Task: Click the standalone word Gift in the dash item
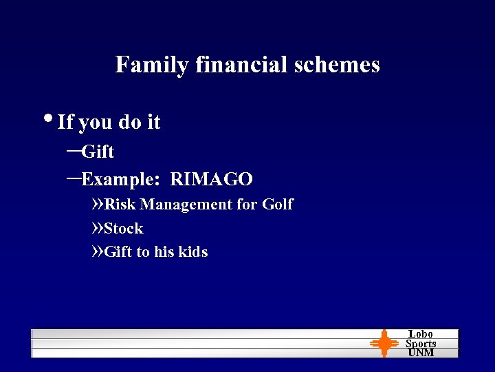[98, 152]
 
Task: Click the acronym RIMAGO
[212, 180]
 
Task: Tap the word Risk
[120, 205]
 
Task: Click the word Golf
[278, 205]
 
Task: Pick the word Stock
[124, 229]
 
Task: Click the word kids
[193, 252]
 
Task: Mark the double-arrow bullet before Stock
[98, 229]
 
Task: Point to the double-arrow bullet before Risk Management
[98, 205]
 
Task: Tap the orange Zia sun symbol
[384, 343]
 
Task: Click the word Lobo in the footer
[421, 334]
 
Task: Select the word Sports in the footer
[421, 344]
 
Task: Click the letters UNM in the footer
[421, 353]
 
